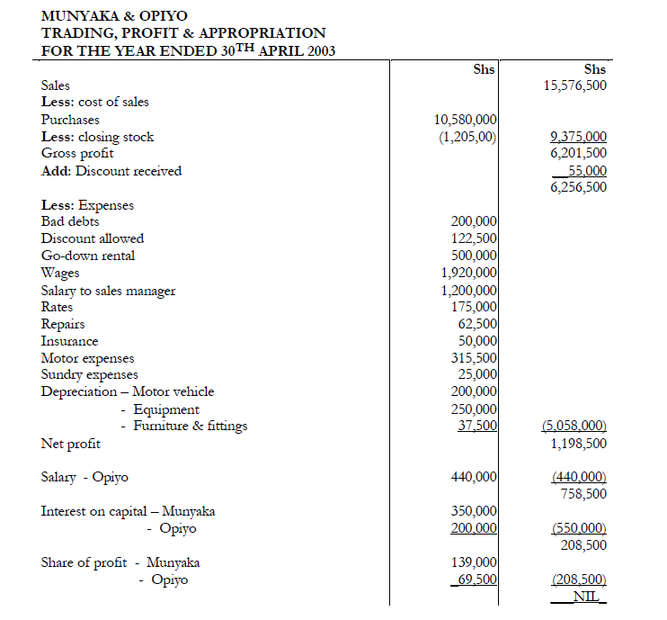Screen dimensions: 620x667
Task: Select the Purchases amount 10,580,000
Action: click(x=466, y=120)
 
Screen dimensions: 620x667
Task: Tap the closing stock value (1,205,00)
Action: click(x=467, y=137)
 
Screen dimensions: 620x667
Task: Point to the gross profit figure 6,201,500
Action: click(x=578, y=154)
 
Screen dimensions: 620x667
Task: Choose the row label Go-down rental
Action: click(x=88, y=256)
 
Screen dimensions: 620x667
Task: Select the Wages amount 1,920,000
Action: click(x=469, y=273)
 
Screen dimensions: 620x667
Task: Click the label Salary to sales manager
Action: click(x=108, y=291)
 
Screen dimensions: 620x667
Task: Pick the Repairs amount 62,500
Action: click(x=477, y=324)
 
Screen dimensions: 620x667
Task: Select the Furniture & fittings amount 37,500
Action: click(x=477, y=426)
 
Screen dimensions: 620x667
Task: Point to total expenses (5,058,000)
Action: click(x=574, y=426)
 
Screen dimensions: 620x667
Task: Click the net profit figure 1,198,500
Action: click(x=578, y=444)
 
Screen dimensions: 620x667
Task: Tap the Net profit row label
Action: click(x=71, y=444)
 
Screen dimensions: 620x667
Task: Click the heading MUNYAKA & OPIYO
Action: click(x=114, y=15)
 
